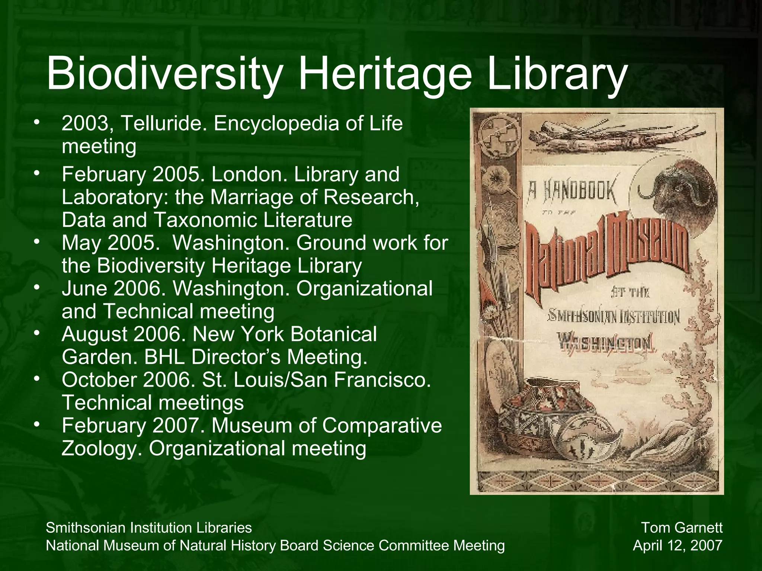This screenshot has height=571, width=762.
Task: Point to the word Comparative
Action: (x=382, y=426)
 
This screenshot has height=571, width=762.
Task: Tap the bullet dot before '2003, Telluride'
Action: (x=36, y=123)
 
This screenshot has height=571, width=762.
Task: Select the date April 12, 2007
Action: (x=678, y=546)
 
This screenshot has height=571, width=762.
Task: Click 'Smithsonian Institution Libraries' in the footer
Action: (x=149, y=528)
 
